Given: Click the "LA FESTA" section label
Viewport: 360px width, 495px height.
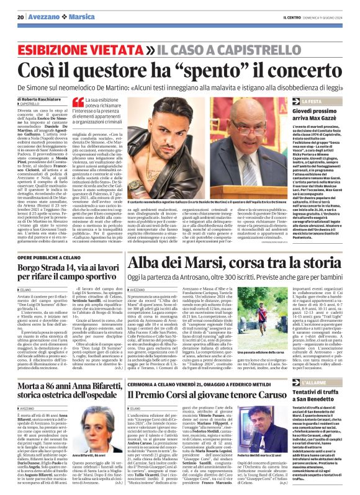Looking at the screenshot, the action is (315, 100).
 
